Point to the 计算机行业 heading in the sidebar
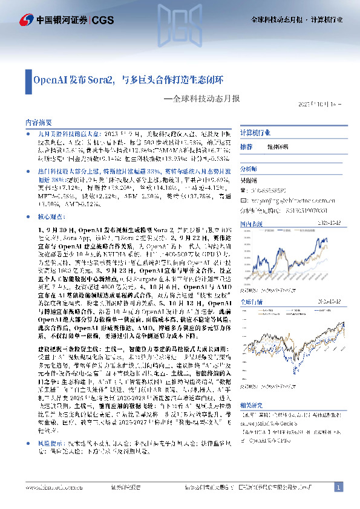click(x=255, y=133)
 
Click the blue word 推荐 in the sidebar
click(x=246, y=147)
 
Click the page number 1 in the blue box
click(x=338, y=487)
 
